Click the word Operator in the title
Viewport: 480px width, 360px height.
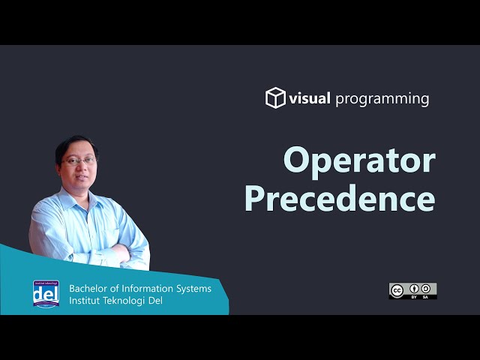tap(359, 161)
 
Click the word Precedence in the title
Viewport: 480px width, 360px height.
tap(340, 199)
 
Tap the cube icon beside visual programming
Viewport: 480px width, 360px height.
tap(275, 98)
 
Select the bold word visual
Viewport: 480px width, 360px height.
tap(310, 98)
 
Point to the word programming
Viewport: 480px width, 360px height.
tap(382, 99)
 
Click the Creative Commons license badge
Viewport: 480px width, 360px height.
tap(412, 291)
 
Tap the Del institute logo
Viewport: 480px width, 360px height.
tap(46, 294)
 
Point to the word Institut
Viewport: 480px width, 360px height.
tap(86, 301)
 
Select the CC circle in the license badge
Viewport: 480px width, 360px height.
tap(397, 289)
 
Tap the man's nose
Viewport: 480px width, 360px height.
tap(82, 168)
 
